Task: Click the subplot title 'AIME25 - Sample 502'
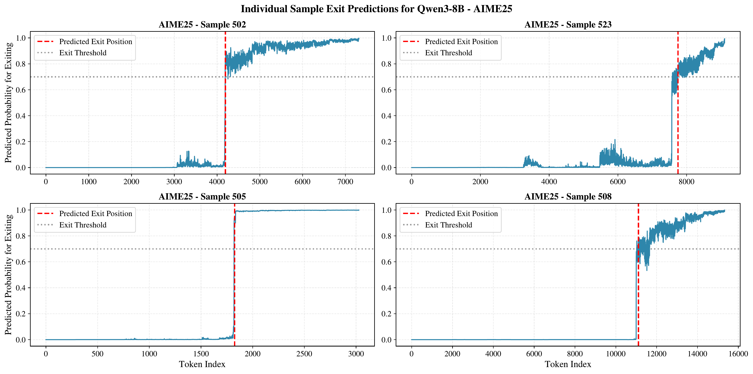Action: tap(202, 25)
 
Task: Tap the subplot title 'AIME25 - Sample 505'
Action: tap(202, 196)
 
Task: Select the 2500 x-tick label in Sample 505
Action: tap(304, 354)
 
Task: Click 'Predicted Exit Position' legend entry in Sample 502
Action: tap(96, 42)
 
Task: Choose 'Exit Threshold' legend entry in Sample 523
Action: tap(448, 53)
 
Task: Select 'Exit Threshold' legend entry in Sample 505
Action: tap(83, 225)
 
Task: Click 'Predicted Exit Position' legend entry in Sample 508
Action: tap(461, 214)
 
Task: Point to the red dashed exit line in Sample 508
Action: tap(638, 292)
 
